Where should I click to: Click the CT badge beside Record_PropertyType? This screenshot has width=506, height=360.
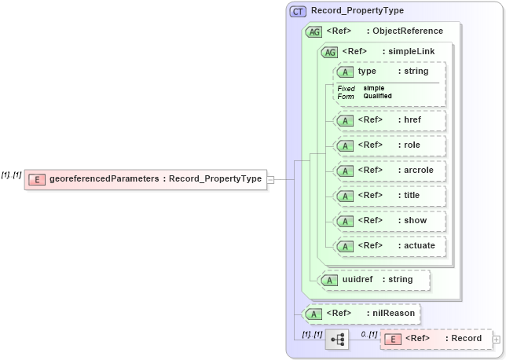coord(299,10)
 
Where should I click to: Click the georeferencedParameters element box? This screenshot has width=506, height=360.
coord(145,179)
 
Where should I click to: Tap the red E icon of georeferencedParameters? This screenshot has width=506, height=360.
coord(36,179)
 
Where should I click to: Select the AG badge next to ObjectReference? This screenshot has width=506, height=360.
coord(313,31)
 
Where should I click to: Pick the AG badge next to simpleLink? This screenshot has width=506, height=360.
coord(329,52)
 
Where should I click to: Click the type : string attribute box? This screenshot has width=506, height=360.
coord(389,72)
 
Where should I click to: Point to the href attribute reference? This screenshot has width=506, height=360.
coord(389,120)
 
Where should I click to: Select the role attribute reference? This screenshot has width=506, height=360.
coord(389,145)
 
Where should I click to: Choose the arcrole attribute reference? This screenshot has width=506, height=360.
coord(389,171)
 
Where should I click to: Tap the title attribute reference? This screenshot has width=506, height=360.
coord(389,196)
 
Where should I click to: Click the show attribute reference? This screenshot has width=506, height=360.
coord(389,221)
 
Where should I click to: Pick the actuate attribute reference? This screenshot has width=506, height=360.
coord(389,246)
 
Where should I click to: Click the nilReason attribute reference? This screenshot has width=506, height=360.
coord(361,314)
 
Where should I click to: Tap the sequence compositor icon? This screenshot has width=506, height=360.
coord(337,339)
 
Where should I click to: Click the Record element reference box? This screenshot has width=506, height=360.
coord(435,339)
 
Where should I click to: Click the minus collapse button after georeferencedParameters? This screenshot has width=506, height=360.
coord(270,179)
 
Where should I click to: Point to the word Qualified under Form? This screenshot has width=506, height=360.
coord(377,97)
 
